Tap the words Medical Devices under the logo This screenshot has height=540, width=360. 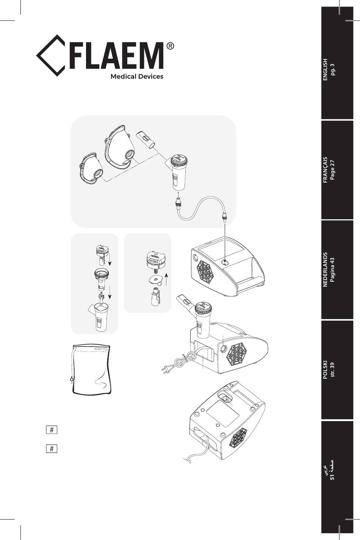point(137,76)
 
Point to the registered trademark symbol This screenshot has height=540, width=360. point(170,46)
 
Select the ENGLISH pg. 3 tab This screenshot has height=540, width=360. point(337,63)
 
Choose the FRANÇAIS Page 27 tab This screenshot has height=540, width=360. point(337,170)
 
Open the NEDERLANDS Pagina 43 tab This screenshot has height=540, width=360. point(337,270)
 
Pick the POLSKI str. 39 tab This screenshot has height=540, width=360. point(337,370)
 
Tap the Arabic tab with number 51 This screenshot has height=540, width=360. point(337,477)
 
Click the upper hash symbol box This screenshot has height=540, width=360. point(52,429)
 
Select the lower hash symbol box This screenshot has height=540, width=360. point(52,449)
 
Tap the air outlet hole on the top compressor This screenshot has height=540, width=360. point(225,262)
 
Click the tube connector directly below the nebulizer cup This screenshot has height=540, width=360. point(178,202)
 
